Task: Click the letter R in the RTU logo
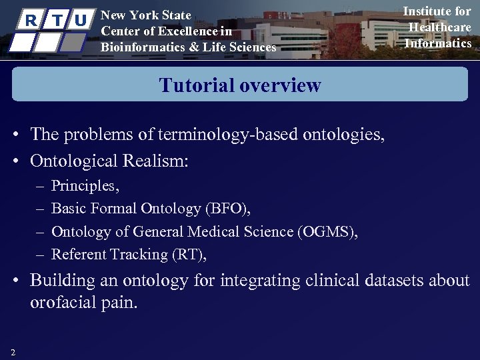tap(30, 20)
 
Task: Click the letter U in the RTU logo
tap(81, 20)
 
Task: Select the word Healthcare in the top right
tap(439, 27)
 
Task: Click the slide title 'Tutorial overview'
tap(240, 85)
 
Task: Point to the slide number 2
tap(13, 352)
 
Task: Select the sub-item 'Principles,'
tap(85, 186)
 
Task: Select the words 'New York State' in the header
tap(145, 15)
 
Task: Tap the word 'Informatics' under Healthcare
tap(438, 43)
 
